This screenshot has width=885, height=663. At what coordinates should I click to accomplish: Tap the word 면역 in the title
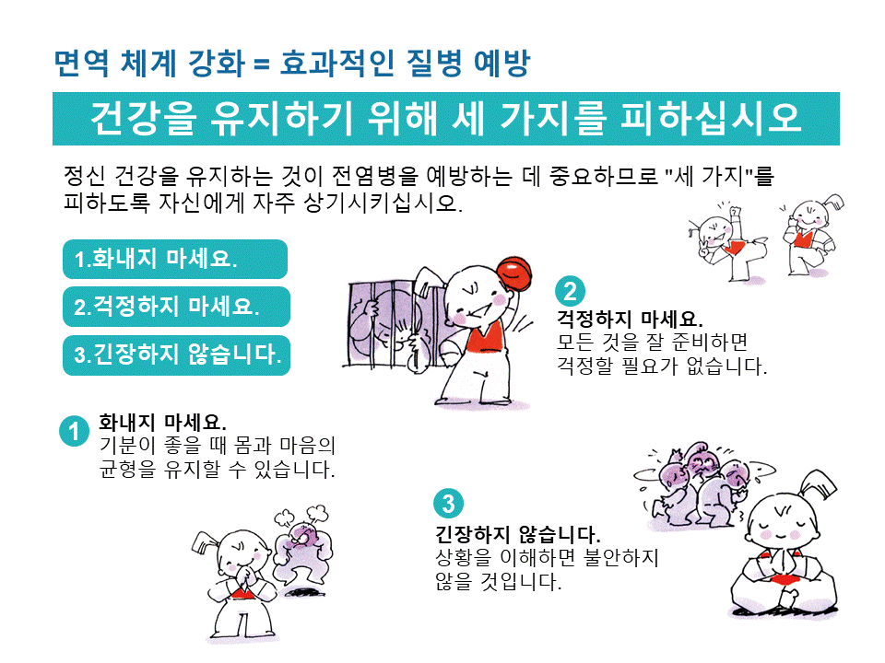pos(81,63)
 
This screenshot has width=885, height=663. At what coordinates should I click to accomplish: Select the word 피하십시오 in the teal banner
pos(711,118)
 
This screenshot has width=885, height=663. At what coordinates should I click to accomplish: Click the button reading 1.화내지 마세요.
pos(175,259)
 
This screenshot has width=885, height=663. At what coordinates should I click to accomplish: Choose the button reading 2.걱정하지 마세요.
pos(176,307)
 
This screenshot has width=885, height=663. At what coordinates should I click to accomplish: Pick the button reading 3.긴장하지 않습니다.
pos(176,355)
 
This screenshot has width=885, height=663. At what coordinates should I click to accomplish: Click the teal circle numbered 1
pos(74,431)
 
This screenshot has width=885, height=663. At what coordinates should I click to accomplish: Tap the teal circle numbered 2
pos(570,291)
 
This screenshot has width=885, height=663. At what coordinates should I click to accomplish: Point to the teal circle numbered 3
pos(448,503)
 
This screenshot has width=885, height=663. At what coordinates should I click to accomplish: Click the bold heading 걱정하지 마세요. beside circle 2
pos(630,320)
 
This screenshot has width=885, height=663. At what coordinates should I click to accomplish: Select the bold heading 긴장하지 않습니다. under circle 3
pos(517,534)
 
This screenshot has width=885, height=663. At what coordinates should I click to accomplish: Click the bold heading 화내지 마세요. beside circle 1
pos(162,422)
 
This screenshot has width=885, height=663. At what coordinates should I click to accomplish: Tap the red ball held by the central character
pos(514,273)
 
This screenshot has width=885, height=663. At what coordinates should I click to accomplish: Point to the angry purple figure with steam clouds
pos(302,550)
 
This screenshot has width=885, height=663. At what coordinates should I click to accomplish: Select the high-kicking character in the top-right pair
pos(728,243)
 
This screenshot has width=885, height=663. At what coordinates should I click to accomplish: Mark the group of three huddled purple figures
pos(700,486)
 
